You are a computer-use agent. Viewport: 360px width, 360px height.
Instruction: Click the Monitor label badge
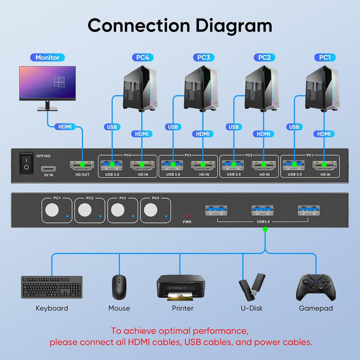coord(47,57)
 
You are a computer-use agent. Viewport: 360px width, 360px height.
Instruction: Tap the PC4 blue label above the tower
coord(142,57)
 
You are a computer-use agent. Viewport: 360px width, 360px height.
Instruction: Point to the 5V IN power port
coord(48,168)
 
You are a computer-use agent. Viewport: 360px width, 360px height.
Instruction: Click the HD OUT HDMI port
coord(79,165)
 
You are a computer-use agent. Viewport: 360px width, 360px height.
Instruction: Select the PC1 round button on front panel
coord(52,211)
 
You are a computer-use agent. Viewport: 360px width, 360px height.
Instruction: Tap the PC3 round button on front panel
coord(118,211)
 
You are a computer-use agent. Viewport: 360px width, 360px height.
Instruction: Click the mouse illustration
coord(118,287)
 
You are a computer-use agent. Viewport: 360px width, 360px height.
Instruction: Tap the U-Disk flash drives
coord(250,286)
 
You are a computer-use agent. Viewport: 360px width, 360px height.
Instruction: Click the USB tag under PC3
coord(172,127)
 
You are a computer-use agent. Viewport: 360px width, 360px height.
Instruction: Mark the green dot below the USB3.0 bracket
coord(265,229)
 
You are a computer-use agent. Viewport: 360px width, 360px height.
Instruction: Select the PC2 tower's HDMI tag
coord(263,134)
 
